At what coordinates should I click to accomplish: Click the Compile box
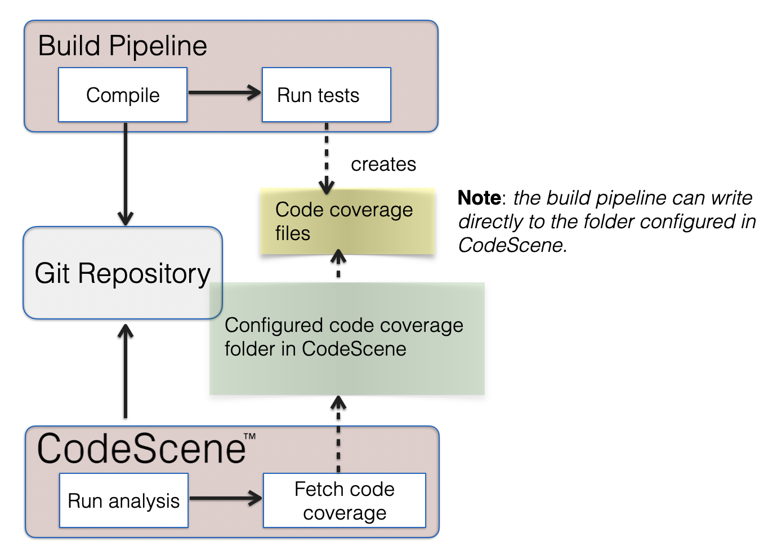tap(123, 95)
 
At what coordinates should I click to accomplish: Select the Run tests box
tap(326, 95)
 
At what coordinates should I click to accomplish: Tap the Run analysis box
tap(123, 500)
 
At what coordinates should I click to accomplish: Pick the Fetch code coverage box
tap(344, 500)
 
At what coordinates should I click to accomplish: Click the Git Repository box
tap(122, 273)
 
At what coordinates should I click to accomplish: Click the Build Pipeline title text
tap(122, 46)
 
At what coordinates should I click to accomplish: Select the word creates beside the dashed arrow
tap(383, 164)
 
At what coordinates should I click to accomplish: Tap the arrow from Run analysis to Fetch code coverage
tap(225, 498)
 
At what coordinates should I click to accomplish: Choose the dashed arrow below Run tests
tap(327, 158)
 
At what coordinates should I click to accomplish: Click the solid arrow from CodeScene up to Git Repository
tap(125, 372)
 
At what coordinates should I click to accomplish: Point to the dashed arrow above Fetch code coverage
tap(338, 434)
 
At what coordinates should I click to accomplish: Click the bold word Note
tap(479, 198)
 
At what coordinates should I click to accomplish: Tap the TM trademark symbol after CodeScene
tap(249, 436)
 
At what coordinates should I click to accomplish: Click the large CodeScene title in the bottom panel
tap(141, 449)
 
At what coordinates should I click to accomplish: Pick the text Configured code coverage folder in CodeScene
tap(343, 337)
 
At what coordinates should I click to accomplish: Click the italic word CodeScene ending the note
tap(511, 245)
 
